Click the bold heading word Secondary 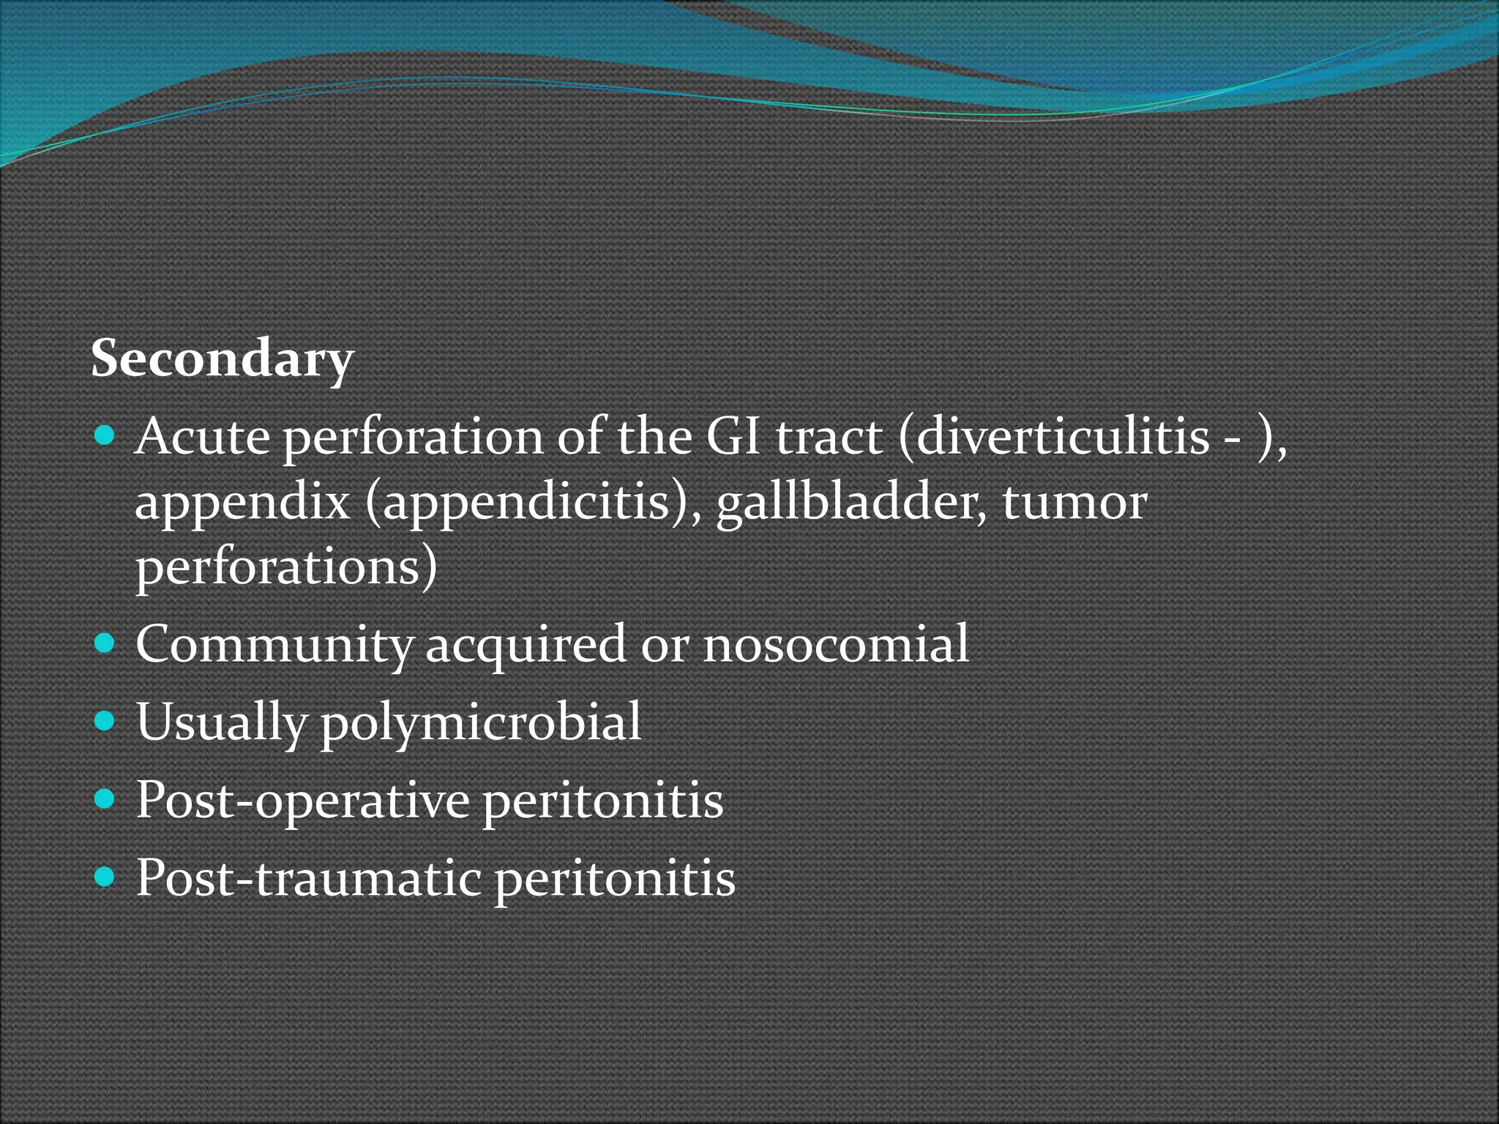coord(222,359)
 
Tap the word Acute coord(203,437)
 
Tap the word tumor coord(1074,503)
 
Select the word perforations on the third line coord(286,568)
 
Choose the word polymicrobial coord(481,723)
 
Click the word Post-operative coord(302,801)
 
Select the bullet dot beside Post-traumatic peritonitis coord(105,877)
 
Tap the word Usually coord(222,723)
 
